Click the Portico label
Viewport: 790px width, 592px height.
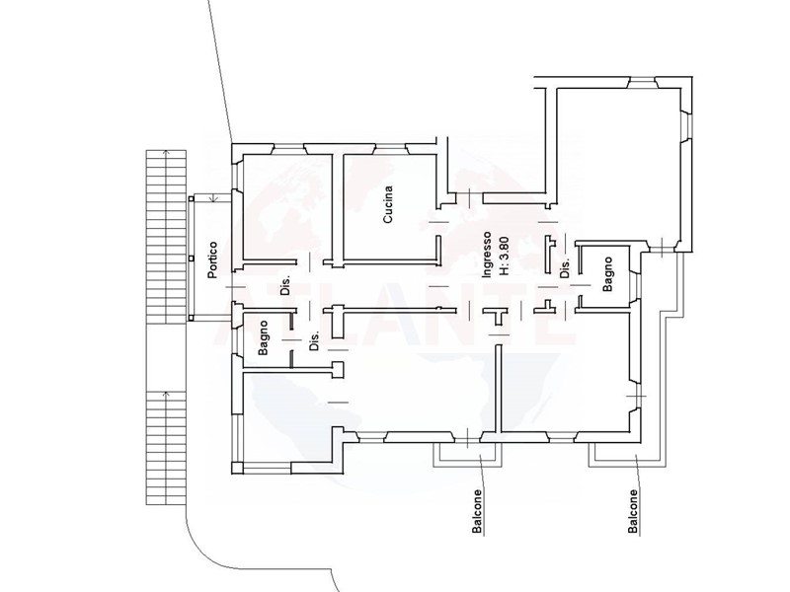(213, 259)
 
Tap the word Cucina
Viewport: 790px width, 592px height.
(387, 204)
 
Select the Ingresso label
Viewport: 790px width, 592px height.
(487, 255)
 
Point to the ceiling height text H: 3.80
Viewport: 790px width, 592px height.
(504, 257)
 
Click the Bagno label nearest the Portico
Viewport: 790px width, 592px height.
(263, 338)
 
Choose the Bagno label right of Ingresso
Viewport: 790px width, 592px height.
(607, 274)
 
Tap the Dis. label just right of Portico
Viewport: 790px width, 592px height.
(285, 285)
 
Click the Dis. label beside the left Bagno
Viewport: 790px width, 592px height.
(314, 340)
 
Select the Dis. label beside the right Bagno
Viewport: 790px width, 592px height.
(565, 268)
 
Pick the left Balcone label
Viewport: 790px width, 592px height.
(477, 511)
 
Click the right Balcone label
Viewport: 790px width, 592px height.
(633, 511)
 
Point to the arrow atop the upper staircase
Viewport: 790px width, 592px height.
(166, 153)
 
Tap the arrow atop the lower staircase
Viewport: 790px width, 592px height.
(166, 394)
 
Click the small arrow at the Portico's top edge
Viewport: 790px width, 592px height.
(214, 198)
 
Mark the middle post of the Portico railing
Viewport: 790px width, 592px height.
(191, 259)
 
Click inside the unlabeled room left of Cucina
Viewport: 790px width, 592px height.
(287, 207)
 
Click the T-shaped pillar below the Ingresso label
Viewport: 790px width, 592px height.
(497, 316)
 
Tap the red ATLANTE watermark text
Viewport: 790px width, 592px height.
(396, 312)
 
